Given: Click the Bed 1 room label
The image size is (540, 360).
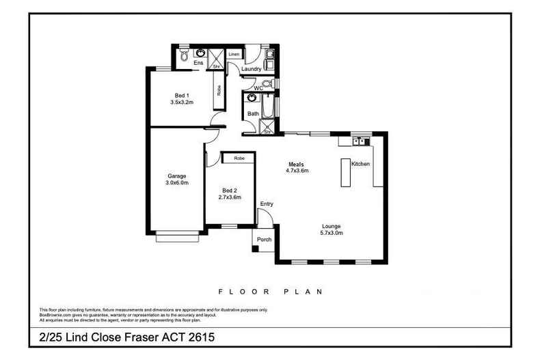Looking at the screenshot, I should (x=181, y=95).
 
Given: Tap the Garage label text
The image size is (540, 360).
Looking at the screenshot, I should (x=176, y=176).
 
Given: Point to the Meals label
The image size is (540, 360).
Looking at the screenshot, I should (x=296, y=164).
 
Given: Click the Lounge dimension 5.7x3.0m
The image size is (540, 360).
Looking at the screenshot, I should (x=332, y=233).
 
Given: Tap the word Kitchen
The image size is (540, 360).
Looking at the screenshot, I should (x=360, y=165).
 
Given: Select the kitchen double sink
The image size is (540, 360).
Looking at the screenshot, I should (x=360, y=141).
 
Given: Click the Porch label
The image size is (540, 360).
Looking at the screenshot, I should (x=263, y=240).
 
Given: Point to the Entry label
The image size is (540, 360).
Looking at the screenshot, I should (x=267, y=204).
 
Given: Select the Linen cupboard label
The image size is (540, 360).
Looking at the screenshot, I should (x=234, y=53).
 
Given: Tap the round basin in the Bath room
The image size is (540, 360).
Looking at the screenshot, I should (x=252, y=98).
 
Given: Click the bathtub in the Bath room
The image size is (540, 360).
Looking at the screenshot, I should (x=267, y=108).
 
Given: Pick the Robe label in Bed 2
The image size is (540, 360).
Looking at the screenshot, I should (x=239, y=158).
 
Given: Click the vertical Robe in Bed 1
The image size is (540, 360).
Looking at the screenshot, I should (x=219, y=95).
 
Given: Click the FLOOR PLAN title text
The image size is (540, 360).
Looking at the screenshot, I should (x=269, y=291).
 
